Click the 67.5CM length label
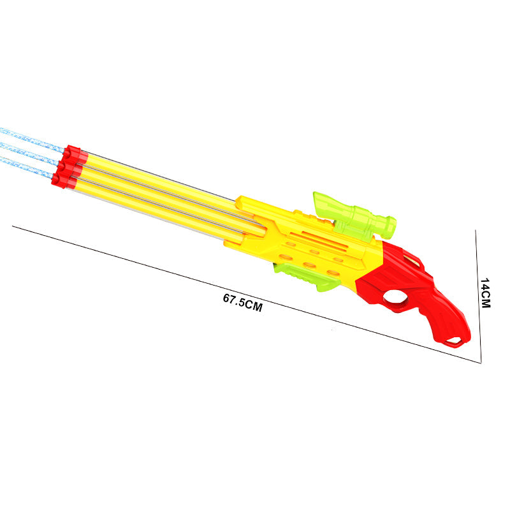(x=243, y=302)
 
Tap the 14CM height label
(x=485, y=293)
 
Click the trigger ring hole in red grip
(x=395, y=296)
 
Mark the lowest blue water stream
(x=26, y=167)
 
